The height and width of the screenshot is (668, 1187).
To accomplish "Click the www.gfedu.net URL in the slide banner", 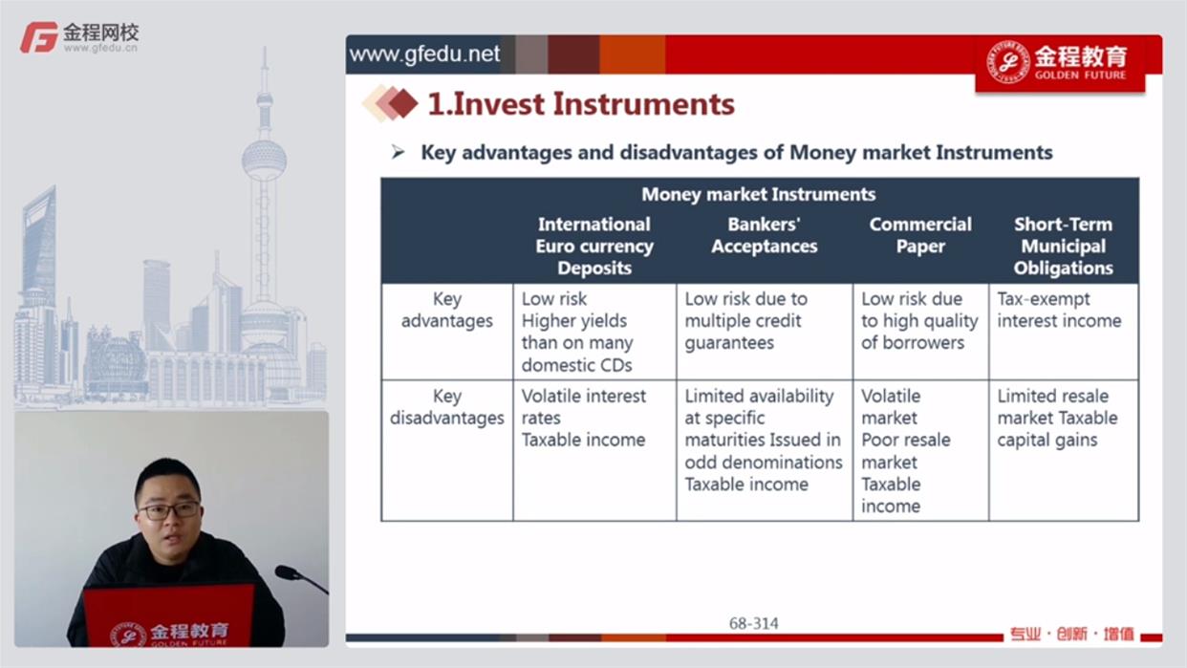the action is (424, 54).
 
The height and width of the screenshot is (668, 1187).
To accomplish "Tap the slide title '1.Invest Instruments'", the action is (581, 104).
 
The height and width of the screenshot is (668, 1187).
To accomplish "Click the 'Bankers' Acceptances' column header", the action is (765, 235).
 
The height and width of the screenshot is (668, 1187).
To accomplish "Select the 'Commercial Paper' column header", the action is (920, 235).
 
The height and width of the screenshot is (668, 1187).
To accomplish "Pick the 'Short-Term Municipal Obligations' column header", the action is (1063, 247).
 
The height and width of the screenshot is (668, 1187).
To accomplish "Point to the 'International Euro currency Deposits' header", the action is (594, 247).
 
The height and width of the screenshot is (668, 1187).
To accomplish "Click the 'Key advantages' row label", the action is (446, 310).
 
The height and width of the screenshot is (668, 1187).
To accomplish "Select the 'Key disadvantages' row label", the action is (446, 407).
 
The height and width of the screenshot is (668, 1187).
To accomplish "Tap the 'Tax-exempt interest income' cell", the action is (1059, 310).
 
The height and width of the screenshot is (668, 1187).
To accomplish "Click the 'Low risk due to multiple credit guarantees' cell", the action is (746, 321).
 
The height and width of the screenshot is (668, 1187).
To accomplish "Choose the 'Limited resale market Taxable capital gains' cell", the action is (1057, 418).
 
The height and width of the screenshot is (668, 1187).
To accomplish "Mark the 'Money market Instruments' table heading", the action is (758, 194).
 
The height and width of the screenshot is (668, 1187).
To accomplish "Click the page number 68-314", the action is (753, 623).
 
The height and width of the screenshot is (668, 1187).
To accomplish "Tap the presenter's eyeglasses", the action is (169, 511).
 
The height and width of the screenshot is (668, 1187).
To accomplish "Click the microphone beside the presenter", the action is (300, 579).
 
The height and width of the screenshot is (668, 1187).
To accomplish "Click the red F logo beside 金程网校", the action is (38, 37).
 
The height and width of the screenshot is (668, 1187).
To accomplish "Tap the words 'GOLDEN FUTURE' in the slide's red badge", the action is (1080, 75).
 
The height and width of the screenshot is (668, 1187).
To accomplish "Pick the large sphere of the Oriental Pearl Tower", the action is (265, 160).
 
